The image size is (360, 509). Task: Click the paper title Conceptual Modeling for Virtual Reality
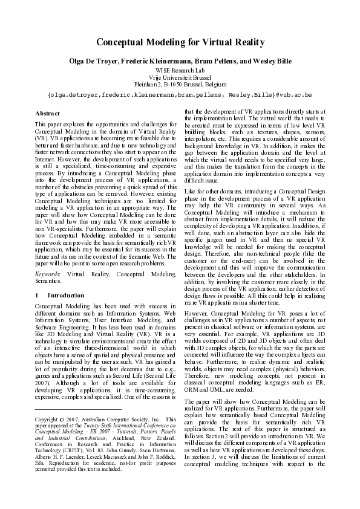(x=180, y=42)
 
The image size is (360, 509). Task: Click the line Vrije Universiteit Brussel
(x=180, y=79)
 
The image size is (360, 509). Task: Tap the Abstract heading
(x=48, y=113)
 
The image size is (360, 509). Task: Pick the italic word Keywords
(x=48, y=274)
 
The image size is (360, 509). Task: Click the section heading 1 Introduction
(x=59, y=295)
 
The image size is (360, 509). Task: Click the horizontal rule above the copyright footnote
(x=79, y=409)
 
